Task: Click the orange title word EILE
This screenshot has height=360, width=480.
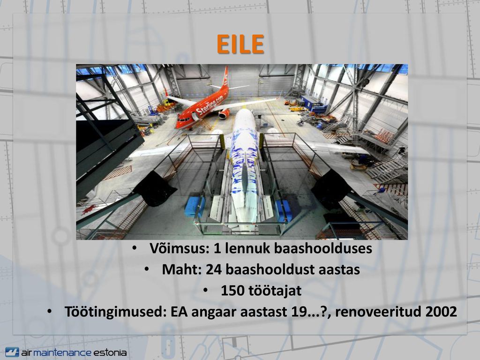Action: coord(240,44)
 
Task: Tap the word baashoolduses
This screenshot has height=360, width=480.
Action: coord(323,248)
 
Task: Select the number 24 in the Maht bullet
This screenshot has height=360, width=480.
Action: coord(214,270)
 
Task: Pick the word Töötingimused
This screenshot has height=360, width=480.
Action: coord(115,312)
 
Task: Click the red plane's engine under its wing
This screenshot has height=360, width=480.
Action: coord(224,114)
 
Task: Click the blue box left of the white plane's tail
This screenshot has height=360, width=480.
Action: coord(194,207)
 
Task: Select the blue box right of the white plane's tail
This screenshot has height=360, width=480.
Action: coord(283,210)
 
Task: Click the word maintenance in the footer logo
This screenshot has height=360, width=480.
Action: coord(62,352)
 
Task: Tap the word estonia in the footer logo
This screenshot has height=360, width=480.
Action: coord(110,352)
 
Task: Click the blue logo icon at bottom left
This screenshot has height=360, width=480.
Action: coord(12,352)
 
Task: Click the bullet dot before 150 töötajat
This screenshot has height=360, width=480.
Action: coord(205,290)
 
